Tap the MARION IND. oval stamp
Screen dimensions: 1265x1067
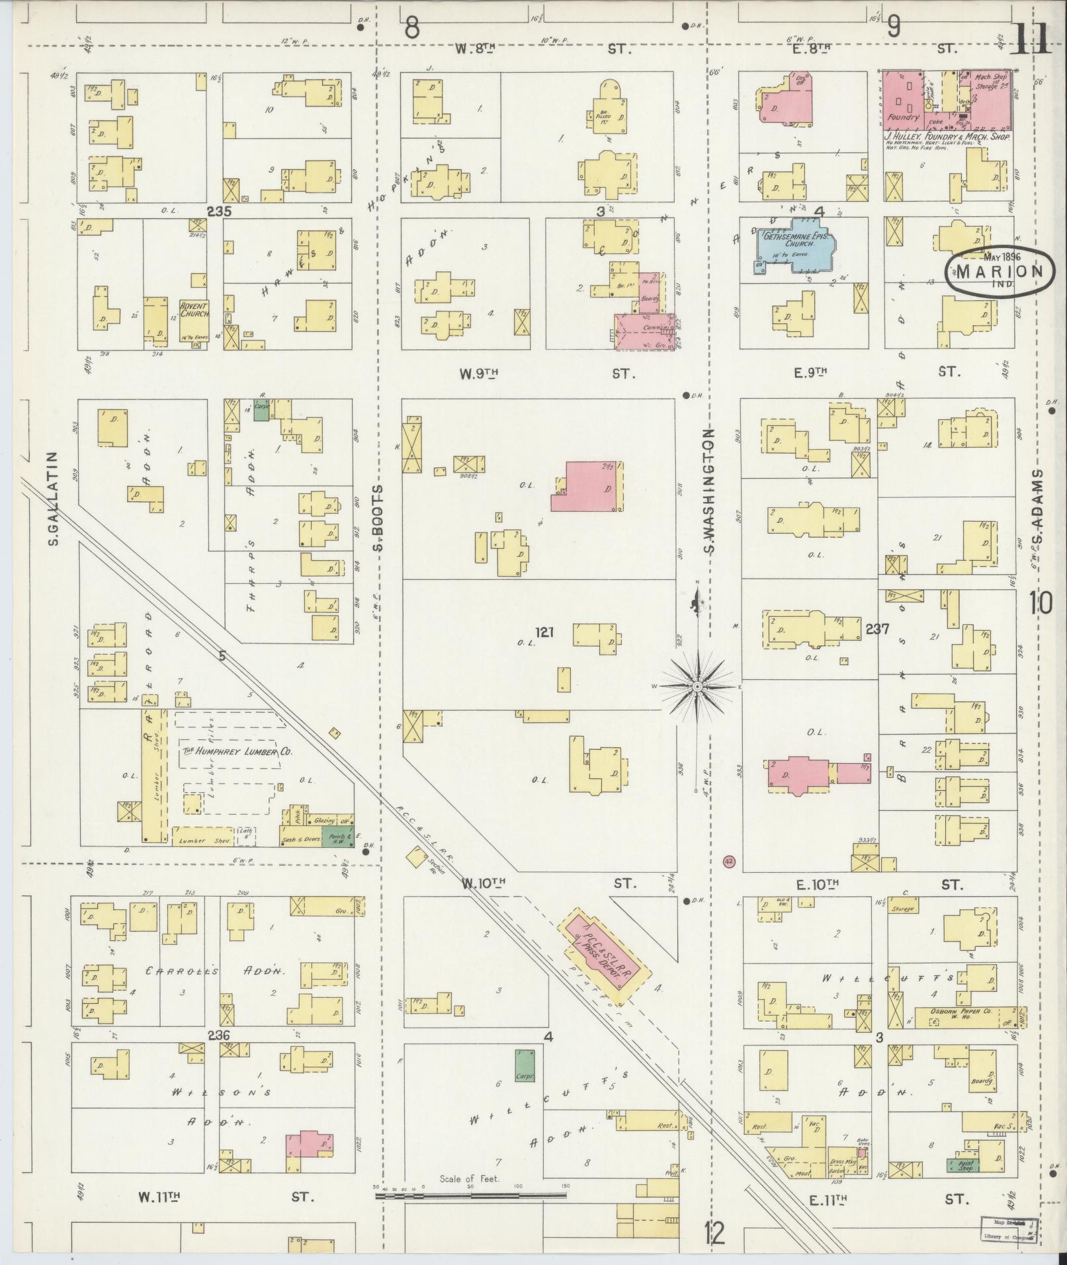(x=1000, y=271)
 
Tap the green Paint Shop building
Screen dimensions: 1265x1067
(x=960, y=1166)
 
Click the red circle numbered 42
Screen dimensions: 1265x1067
(x=730, y=862)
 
